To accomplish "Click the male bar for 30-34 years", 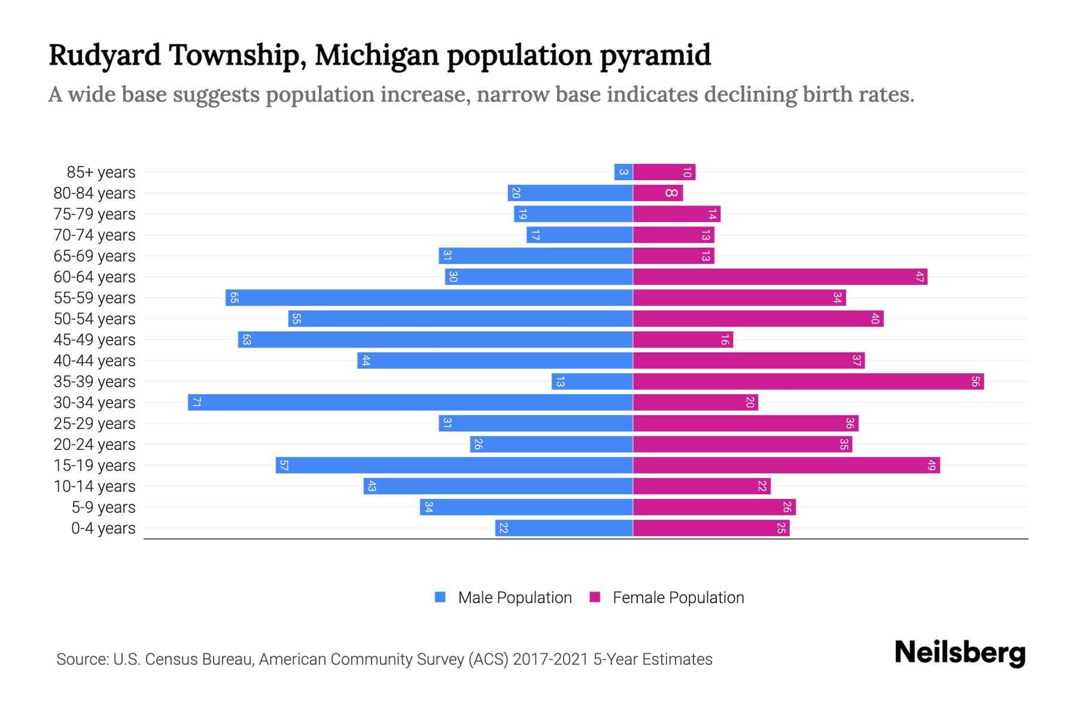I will click(x=410, y=402).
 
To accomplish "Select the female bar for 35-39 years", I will click(x=808, y=381).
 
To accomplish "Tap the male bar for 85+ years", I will click(x=623, y=172).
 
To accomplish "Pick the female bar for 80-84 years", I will click(x=658, y=193).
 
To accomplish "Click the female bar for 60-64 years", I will click(x=780, y=277).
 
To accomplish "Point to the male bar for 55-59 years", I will click(x=429, y=298).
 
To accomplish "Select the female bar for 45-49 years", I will click(x=683, y=340).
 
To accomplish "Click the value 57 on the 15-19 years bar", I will click(x=284, y=466).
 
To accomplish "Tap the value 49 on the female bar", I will click(x=931, y=466).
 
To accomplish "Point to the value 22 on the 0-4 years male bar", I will click(x=504, y=528).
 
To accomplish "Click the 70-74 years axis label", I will click(x=95, y=235).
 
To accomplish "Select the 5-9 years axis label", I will click(x=104, y=507).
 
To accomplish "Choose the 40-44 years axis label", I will click(x=95, y=361).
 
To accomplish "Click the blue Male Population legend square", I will click(x=440, y=597).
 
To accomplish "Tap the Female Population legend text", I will click(x=678, y=598).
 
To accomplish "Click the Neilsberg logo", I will click(x=960, y=653).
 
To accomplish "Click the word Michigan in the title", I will click(x=376, y=55).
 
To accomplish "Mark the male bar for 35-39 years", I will click(x=592, y=381).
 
